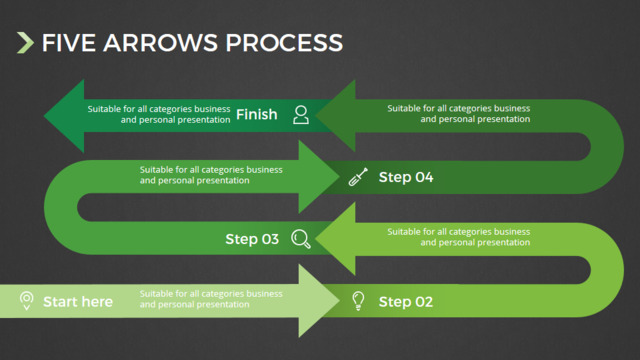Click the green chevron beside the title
(25, 43)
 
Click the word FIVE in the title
(69, 43)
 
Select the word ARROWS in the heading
(160, 43)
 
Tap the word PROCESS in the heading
(284, 43)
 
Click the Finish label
(256, 114)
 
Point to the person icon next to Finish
(301, 115)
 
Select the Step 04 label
(406, 177)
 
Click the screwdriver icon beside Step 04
(358, 177)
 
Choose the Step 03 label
(252, 239)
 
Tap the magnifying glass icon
(301, 239)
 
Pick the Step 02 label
(406, 302)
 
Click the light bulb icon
(358, 301)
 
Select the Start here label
(78, 302)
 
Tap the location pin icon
(27, 301)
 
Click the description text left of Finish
(159, 114)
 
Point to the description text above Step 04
(459, 113)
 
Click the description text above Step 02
(459, 237)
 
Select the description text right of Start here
(211, 299)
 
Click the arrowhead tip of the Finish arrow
(44, 116)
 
